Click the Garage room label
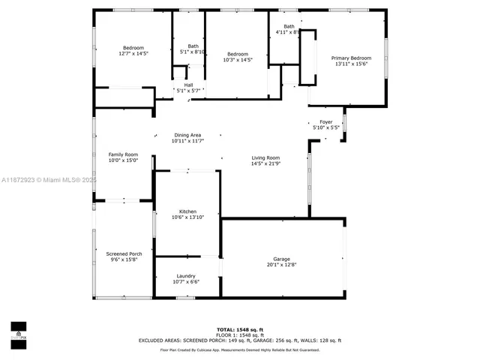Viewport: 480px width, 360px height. click(282, 259)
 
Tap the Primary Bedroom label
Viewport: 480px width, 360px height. click(352, 58)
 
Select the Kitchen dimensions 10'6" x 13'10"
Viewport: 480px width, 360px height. click(187, 217)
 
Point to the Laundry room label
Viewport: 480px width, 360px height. click(187, 276)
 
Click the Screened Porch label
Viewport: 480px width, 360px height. click(124, 253)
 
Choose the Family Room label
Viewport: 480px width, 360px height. click(124, 154)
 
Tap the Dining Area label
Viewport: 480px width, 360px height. click(187, 135)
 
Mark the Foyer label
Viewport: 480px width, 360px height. click(325, 121)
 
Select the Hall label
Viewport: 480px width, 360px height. click(188, 85)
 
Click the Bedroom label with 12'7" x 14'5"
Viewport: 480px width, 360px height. click(133, 48)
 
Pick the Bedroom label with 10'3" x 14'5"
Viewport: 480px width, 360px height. click(238, 53)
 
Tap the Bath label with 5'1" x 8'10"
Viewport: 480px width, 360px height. click(193, 46)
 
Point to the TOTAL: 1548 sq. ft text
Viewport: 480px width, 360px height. click(240, 329)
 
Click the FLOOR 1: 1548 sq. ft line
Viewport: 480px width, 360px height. click(240, 334)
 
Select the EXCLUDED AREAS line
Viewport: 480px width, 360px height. click(240, 340)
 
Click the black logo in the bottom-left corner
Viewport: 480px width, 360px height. click(18, 331)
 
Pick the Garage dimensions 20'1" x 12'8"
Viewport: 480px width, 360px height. click(282, 265)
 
